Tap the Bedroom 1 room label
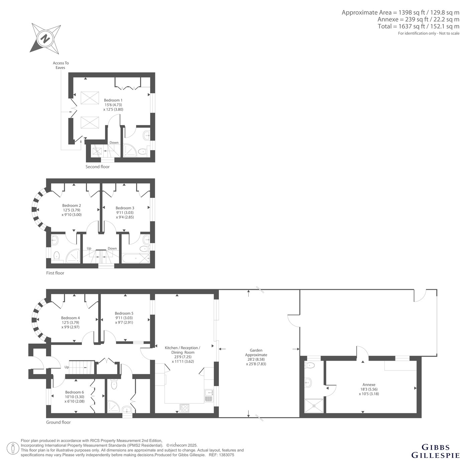point(113,100)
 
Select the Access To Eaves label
point(61,65)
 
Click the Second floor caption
point(97,167)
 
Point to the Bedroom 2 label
point(72,206)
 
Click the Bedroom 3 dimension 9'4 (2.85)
point(125,217)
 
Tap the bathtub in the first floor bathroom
point(136,259)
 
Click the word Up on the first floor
point(89,248)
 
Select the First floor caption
point(55,273)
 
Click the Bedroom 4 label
point(70,318)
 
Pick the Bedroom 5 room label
point(124,313)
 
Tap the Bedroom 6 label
point(75,392)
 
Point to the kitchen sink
point(209,396)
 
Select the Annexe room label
point(369,385)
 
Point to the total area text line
point(419,26)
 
